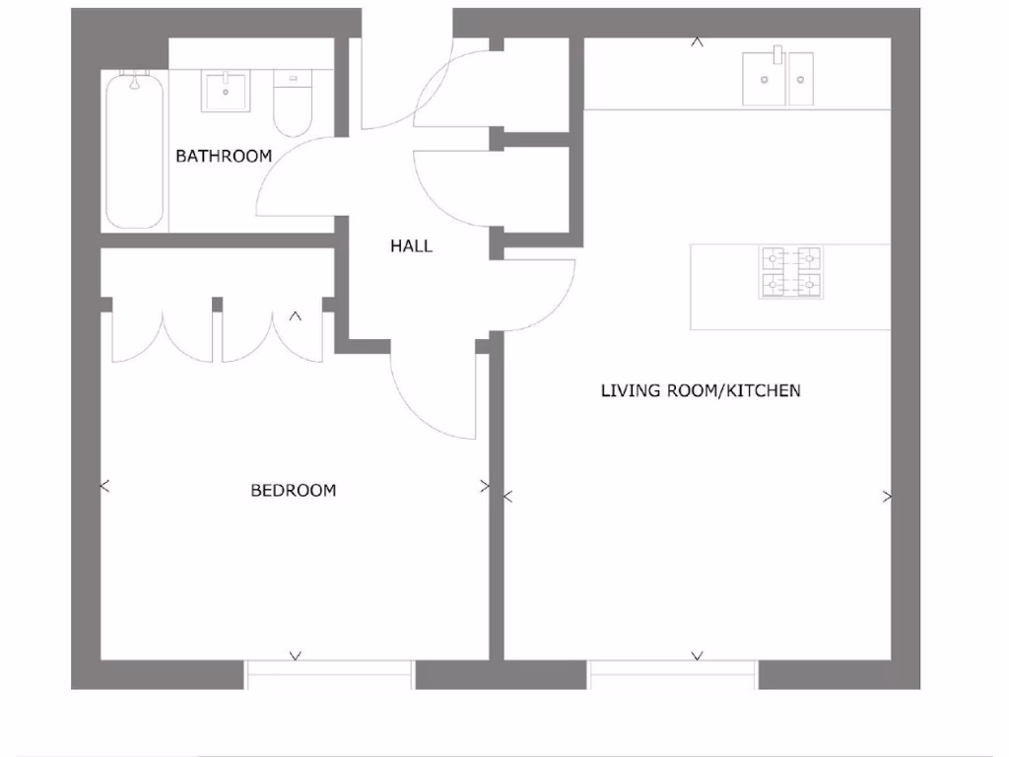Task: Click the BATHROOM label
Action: click(x=224, y=156)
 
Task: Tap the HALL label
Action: click(x=411, y=246)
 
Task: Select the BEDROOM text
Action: click(x=293, y=490)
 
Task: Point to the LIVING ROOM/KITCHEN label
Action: click(x=701, y=390)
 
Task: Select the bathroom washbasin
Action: click(x=229, y=91)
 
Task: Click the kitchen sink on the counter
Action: click(x=778, y=78)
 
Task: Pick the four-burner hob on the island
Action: click(x=790, y=272)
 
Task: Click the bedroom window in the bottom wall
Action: click(x=329, y=674)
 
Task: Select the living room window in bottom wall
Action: click(x=673, y=674)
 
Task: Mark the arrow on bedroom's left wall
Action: click(x=105, y=486)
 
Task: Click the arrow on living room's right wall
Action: click(x=887, y=497)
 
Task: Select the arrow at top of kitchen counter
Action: click(x=698, y=42)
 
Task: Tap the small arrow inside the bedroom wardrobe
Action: click(x=295, y=316)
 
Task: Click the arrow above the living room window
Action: click(x=698, y=654)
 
